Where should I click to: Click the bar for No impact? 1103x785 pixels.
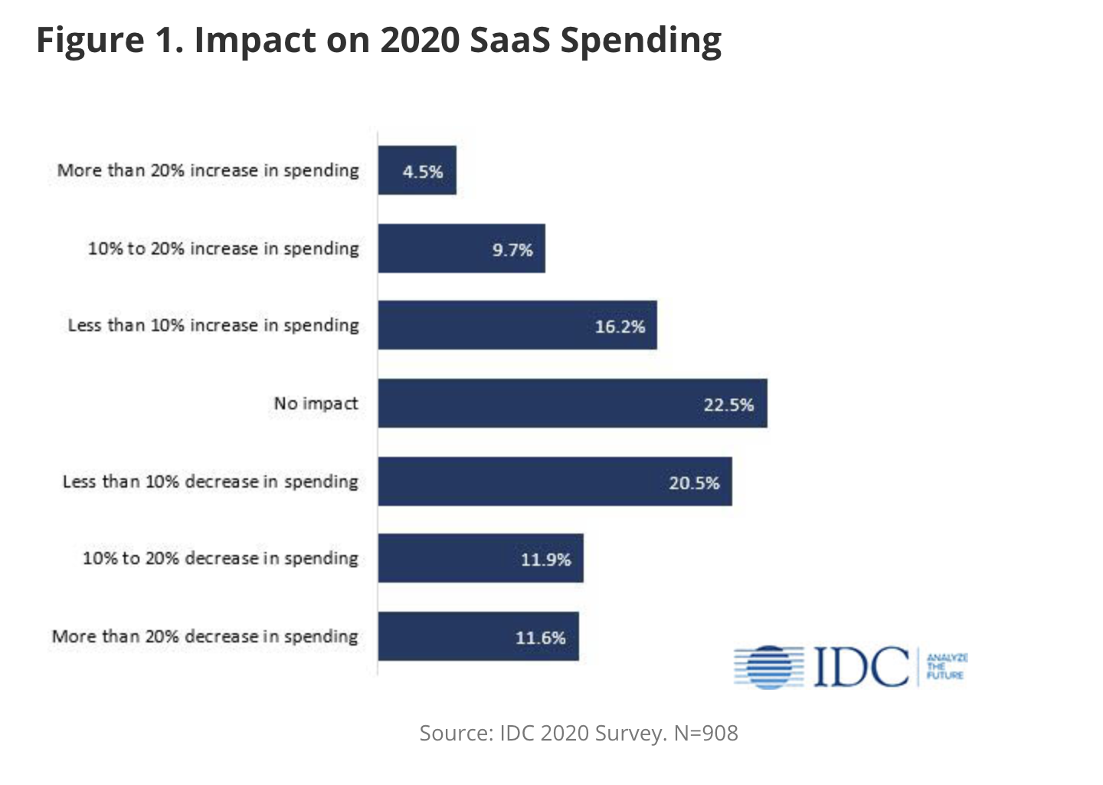[572, 403]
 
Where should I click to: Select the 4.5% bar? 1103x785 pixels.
[417, 170]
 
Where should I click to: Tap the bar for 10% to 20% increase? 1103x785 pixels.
[462, 248]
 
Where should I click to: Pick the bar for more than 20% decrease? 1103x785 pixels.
[479, 636]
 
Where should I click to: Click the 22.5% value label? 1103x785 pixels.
[728, 405]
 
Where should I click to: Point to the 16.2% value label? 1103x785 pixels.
[620, 327]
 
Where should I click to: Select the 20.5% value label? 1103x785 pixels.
[694, 483]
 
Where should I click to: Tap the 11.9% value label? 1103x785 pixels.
[545, 560]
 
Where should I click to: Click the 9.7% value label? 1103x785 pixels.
[512, 250]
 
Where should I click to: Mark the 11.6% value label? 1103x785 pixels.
[540, 638]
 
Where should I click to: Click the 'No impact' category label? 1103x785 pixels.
[316, 403]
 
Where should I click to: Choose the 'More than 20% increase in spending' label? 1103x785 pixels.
[208, 170]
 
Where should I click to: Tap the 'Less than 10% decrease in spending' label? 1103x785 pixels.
[210, 481]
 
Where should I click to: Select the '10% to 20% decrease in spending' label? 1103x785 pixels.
[220, 558]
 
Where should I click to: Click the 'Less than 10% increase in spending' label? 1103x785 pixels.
[213, 325]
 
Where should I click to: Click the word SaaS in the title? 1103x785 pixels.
[509, 40]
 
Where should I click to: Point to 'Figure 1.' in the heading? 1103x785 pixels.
[110, 40]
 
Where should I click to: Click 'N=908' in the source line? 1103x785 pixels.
[705, 733]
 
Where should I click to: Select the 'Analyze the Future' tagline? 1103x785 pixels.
[947, 666]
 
